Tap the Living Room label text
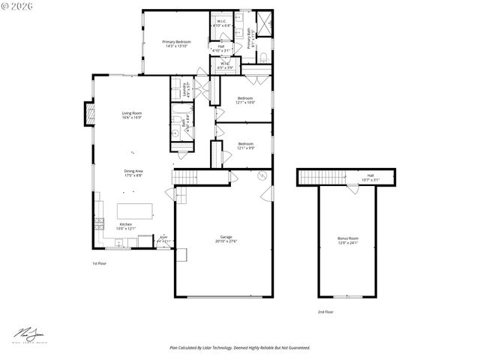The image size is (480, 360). coord(132,115)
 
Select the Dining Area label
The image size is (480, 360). coord(133,172)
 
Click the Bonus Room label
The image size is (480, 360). coord(347,240)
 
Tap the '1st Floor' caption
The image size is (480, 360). coord(100,263)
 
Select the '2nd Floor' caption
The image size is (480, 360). coord(325,311)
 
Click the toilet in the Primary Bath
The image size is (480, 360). coord(264,55)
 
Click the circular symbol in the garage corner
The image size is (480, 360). coord(262,175)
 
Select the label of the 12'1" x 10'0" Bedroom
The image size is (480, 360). coord(245,100)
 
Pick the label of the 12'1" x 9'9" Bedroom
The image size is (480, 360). coord(245,145)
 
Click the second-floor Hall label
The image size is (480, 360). coord(370,177)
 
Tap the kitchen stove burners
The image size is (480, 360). coord(97,223)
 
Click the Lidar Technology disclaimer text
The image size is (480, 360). coord(239,348)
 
